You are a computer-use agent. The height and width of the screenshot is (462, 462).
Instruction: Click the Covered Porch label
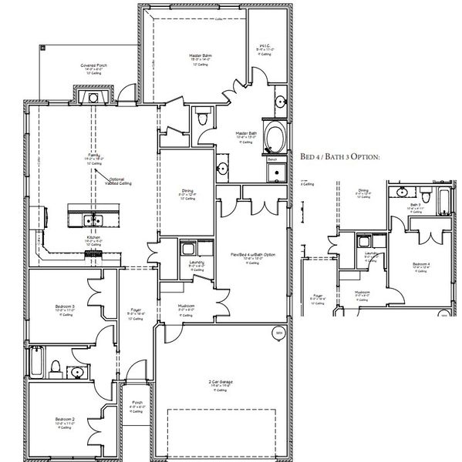click(94, 67)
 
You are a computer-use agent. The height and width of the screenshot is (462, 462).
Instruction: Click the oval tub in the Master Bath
click(273, 141)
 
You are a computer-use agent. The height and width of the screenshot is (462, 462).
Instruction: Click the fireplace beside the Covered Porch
click(93, 97)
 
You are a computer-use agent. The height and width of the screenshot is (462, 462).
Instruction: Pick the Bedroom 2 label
click(65, 421)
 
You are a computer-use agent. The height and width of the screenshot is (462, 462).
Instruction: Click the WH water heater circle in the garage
click(278, 332)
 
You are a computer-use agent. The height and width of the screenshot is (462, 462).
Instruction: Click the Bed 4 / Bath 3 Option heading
click(340, 156)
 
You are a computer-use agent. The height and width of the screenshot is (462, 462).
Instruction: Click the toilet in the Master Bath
click(203, 118)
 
